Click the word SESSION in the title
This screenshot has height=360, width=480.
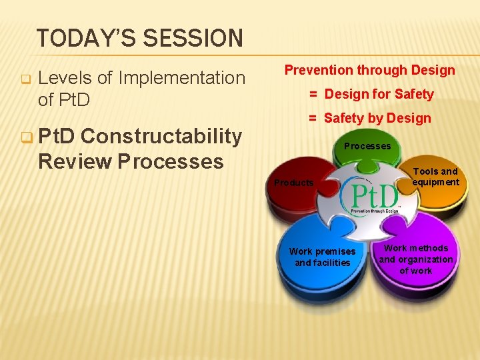[193, 38]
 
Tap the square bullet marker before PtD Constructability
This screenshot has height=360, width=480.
[25, 137]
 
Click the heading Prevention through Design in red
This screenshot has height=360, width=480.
[369, 70]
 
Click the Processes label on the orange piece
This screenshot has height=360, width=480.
[367, 146]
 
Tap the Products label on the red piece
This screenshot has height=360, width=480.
[294, 183]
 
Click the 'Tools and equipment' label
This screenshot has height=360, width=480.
[435, 177]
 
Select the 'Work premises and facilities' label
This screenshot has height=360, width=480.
[322, 257]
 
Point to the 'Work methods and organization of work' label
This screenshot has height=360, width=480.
[416, 259]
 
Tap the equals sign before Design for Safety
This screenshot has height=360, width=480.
[312, 94]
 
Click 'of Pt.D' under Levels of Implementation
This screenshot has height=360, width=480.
[64, 100]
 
